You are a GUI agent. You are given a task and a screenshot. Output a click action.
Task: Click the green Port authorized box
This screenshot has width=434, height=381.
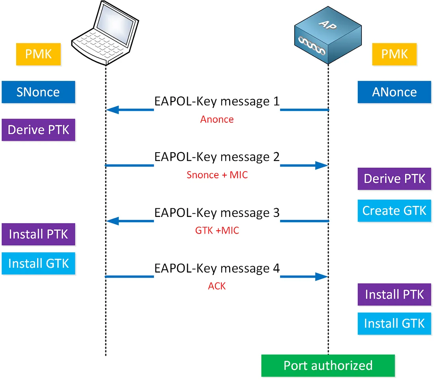tap(328, 365)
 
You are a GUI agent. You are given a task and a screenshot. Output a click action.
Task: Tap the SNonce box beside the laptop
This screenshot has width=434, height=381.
tap(38, 92)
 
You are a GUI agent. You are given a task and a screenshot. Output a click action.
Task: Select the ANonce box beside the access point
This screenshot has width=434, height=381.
tap(394, 92)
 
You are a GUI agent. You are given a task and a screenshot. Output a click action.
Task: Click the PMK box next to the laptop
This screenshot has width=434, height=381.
tap(38, 54)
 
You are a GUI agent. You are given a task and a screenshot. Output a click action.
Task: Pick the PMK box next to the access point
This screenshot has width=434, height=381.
tap(394, 54)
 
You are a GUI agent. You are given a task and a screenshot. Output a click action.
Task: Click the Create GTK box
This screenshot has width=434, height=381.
tap(394, 210)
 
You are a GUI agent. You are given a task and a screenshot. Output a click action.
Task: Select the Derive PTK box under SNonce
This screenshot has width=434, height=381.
tap(38, 130)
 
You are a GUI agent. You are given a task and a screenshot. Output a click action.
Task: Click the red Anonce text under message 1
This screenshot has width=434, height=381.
tap(217, 119)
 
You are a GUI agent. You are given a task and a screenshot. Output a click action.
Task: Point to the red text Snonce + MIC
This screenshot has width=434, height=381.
tap(217, 175)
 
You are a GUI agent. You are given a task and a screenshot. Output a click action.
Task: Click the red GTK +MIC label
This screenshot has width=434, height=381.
tap(217, 230)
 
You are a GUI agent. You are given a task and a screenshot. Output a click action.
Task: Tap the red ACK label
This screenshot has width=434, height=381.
tap(217, 286)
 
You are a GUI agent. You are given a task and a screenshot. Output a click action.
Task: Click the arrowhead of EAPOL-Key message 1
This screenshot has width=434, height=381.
tap(112, 110)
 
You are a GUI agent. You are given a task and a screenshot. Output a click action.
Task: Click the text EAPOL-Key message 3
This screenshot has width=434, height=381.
tap(217, 213)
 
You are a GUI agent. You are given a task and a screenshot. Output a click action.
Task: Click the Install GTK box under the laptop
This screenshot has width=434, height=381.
tap(38, 263)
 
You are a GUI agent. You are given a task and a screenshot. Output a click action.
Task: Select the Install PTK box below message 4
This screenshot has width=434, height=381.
tap(394, 294)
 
